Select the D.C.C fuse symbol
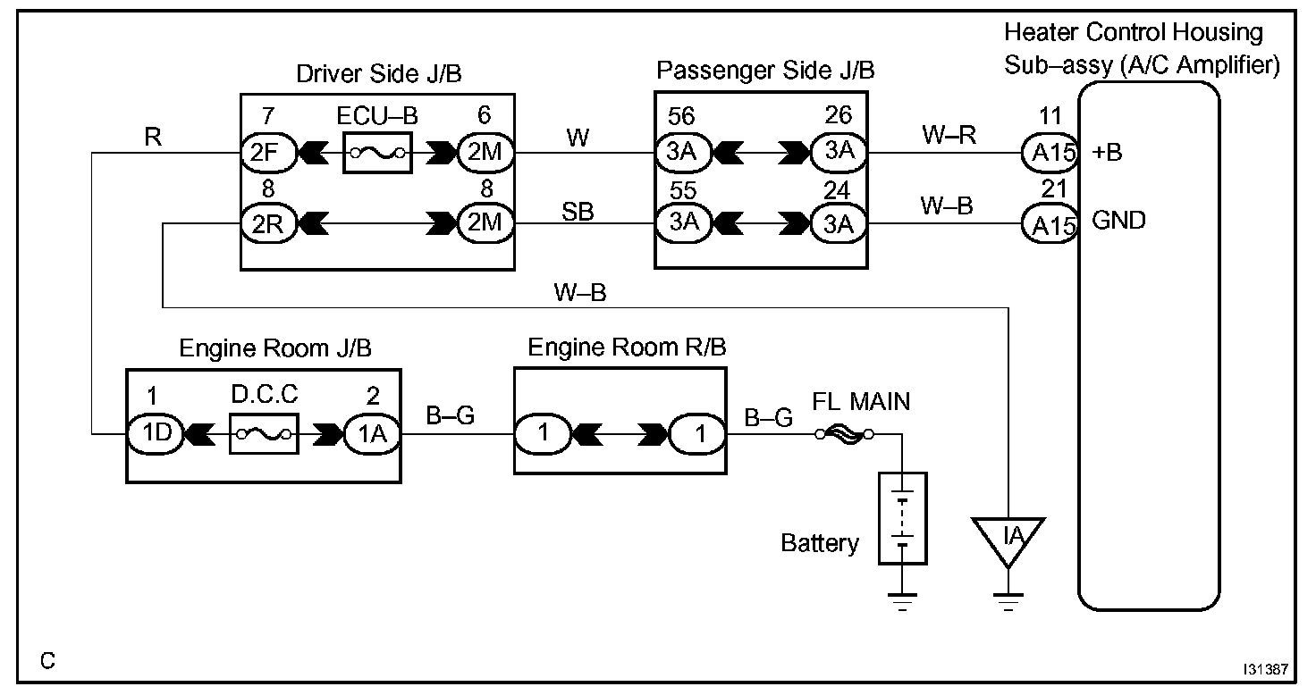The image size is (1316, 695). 263,434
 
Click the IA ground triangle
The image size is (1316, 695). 1010,537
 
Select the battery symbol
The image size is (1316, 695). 903,519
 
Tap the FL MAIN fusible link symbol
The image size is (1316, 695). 845,435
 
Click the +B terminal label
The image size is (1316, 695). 1109,153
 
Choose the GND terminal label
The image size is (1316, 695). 1119,220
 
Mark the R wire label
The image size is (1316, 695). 152,138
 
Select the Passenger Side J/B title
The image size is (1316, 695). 765,71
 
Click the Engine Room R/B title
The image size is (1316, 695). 627,347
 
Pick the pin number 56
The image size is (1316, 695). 681,116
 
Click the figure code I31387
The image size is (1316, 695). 1264,668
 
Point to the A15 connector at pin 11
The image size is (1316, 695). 1047,154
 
